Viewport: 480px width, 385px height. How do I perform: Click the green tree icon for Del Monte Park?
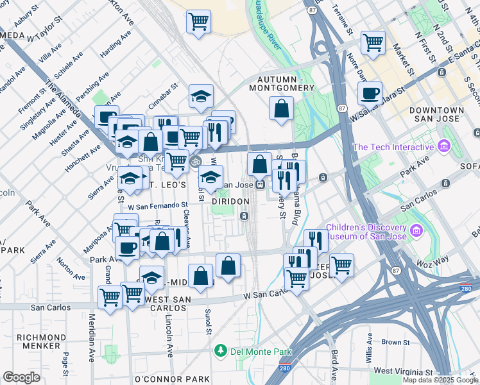(x=221, y=351)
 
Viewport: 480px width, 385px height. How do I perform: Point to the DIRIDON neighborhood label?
(x=230, y=201)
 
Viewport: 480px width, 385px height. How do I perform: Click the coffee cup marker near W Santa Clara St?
(x=370, y=93)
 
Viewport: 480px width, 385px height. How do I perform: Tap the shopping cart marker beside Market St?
(x=373, y=42)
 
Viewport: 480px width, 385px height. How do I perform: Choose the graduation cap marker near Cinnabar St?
(x=201, y=96)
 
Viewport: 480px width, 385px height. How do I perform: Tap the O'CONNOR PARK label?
(x=173, y=379)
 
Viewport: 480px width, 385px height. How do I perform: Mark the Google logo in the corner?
(x=22, y=377)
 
